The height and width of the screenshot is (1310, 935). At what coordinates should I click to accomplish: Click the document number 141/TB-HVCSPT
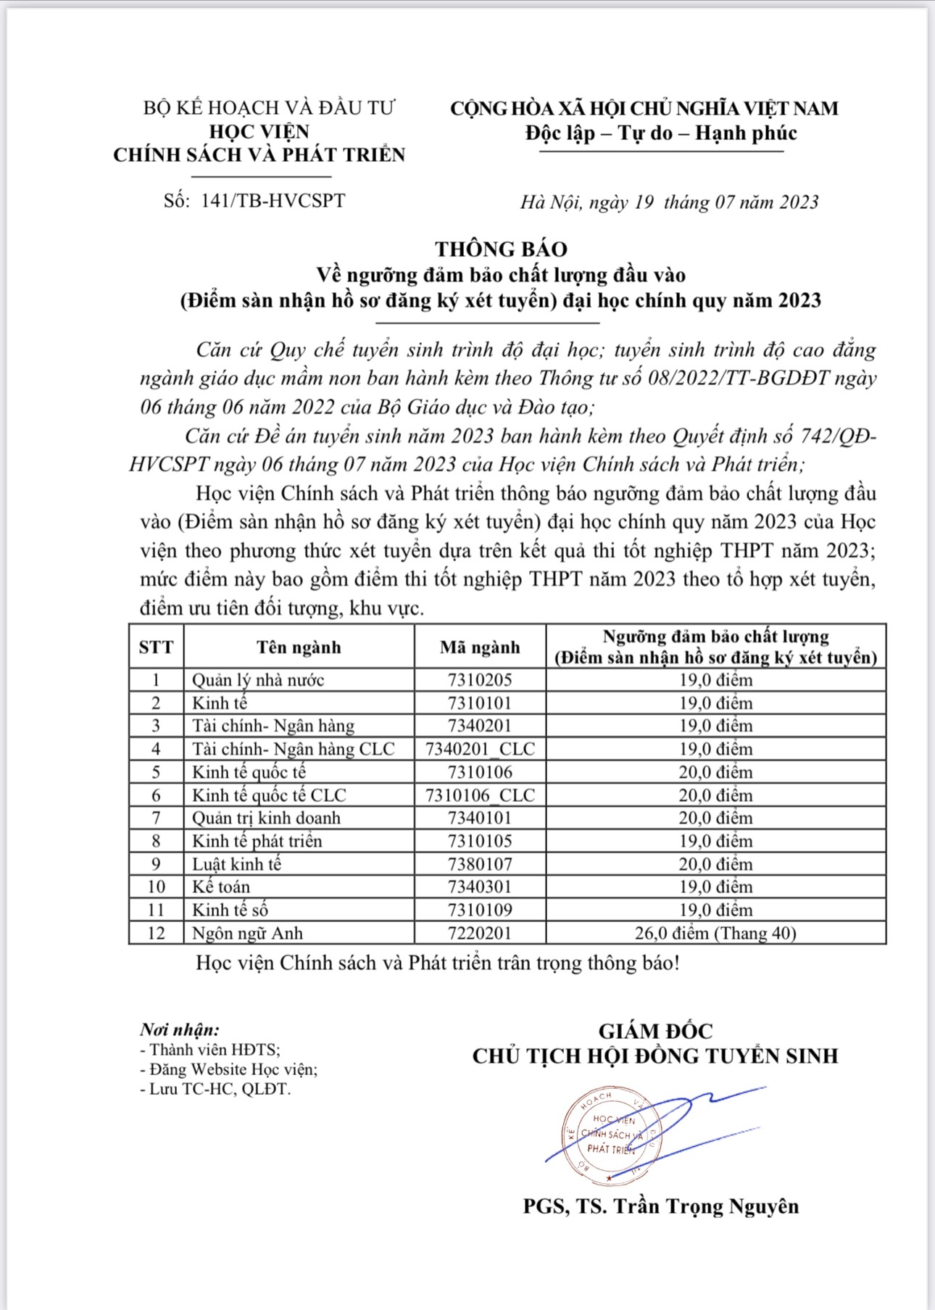273,201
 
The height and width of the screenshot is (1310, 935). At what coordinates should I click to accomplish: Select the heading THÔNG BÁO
501,249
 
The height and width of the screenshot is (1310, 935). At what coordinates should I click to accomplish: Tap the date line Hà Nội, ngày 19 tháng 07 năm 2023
669,202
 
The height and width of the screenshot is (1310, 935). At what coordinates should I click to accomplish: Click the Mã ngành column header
480,647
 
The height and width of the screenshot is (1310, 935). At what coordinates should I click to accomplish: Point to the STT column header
157,647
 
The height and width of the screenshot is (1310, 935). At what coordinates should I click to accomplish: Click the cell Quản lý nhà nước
257,680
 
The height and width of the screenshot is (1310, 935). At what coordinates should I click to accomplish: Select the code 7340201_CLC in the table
480,749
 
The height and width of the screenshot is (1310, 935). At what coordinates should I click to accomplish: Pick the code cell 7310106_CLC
480,795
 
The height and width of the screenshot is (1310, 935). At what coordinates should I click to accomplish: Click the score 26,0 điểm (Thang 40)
715,933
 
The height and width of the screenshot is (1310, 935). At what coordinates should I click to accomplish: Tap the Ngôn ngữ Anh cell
247,933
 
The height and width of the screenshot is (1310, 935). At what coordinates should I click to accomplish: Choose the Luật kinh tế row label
236,864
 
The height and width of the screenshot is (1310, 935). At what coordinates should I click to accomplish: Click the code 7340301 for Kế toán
480,887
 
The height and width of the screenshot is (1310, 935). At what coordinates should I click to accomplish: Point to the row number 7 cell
157,818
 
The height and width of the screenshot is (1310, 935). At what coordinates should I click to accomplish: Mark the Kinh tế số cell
230,910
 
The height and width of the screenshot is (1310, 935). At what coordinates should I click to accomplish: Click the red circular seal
610,1135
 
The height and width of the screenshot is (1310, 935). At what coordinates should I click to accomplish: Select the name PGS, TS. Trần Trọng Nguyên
661,1206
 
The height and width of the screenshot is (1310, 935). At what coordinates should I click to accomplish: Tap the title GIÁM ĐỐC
655,1031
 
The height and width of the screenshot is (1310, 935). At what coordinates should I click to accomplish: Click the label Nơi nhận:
180,1029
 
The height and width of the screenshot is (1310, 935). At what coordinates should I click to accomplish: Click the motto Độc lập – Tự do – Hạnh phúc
661,133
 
